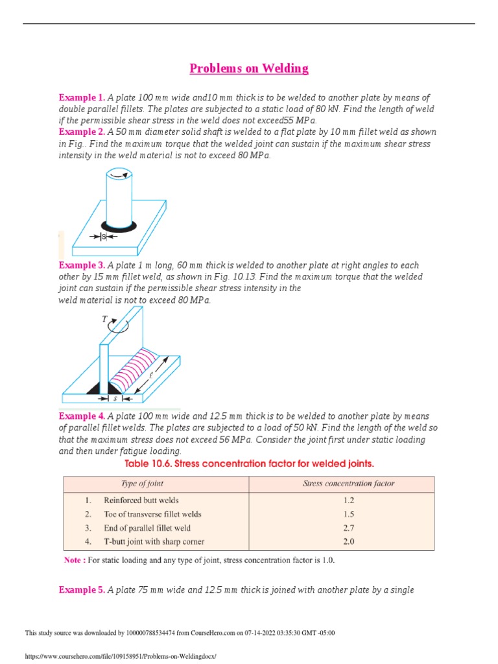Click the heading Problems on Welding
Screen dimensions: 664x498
(x=248, y=68)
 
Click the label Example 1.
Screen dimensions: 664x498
(x=82, y=97)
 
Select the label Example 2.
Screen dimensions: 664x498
(x=82, y=132)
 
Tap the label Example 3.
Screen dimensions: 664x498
(x=82, y=265)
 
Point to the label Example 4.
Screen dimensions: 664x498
(x=82, y=416)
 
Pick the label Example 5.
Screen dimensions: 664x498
(x=82, y=589)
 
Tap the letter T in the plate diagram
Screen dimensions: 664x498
(x=104, y=319)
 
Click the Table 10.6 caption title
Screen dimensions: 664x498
(x=248, y=464)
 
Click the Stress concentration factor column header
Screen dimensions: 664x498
(x=349, y=484)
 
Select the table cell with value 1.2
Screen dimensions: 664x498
(x=349, y=500)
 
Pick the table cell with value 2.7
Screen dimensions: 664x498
(x=349, y=528)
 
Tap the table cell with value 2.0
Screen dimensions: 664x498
(x=349, y=541)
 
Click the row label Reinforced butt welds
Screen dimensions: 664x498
(x=141, y=500)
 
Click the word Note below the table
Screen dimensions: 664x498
(x=74, y=560)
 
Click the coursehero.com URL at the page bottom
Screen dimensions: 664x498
(x=120, y=656)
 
